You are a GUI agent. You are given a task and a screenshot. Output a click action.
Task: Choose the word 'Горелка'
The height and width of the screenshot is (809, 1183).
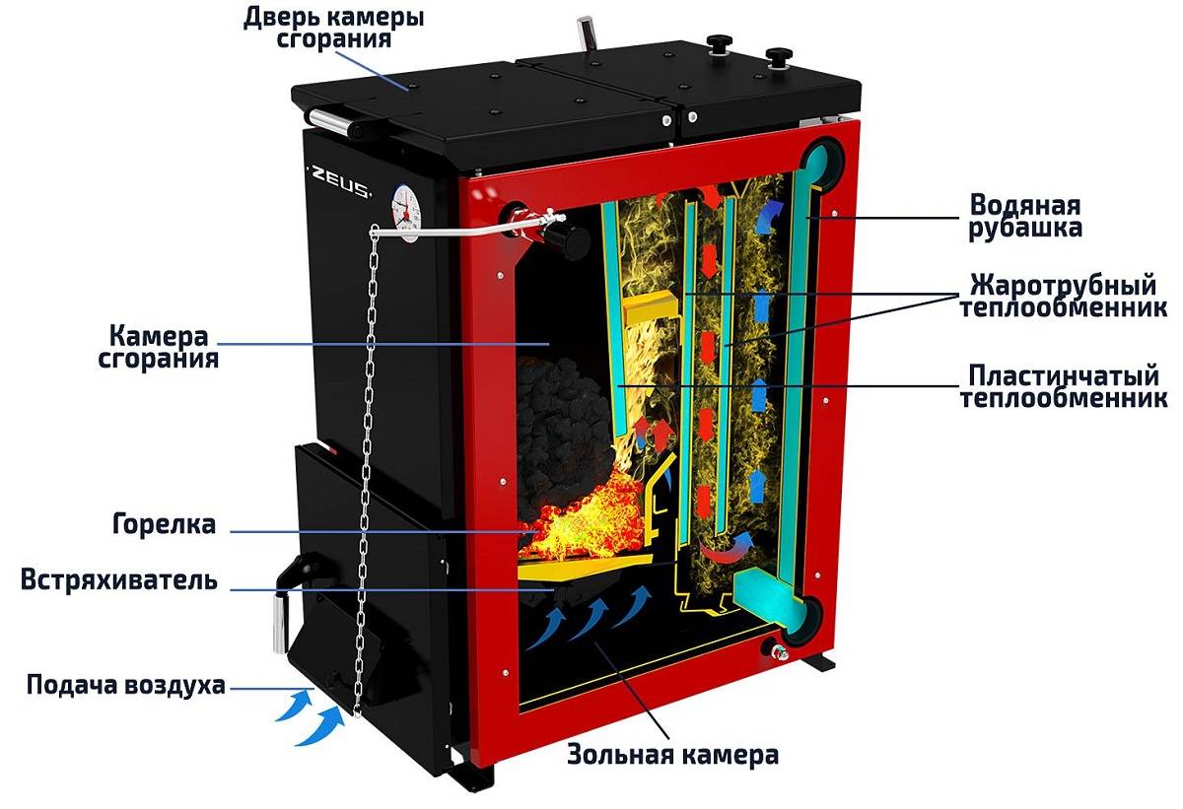point(164,523)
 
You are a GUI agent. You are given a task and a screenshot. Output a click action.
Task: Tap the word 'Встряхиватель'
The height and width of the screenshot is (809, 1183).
point(118,579)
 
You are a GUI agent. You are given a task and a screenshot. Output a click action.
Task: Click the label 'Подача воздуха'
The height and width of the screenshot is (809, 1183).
point(126,685)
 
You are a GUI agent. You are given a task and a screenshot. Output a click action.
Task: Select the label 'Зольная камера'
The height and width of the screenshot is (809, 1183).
point(672,756)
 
